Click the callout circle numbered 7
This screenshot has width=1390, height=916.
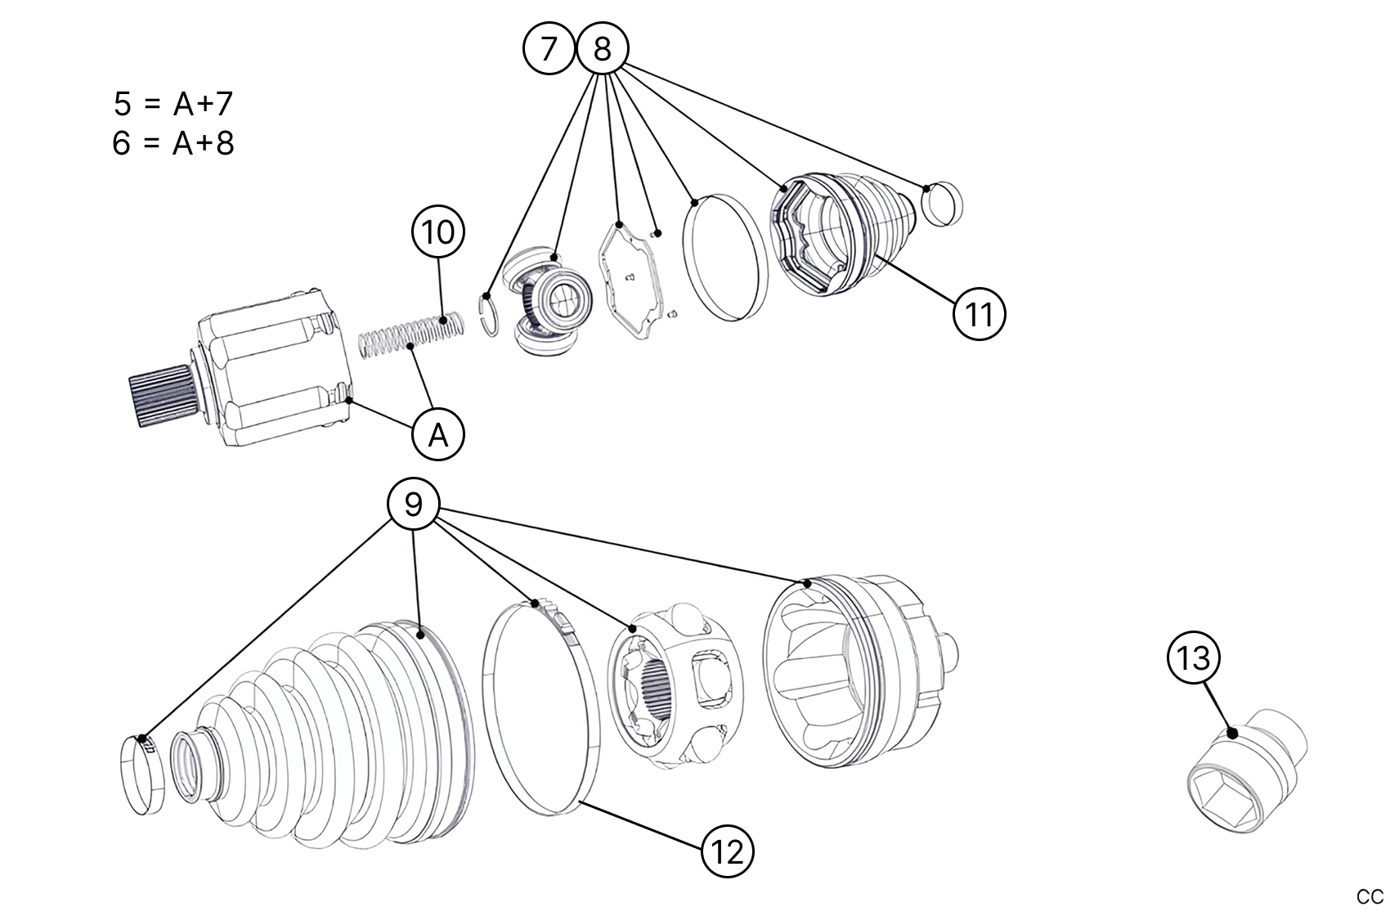coord(549,49)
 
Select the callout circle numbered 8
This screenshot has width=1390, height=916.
coord(602,49)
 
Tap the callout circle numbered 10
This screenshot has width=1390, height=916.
coord(438,232)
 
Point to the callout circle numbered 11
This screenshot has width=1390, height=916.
coord(979,313)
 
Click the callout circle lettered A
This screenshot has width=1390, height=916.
coord(438,434)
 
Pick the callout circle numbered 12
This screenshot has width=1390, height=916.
coord(727,852)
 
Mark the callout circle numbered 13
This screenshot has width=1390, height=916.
coord(1194,657)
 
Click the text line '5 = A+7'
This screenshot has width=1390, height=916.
coord(173,104)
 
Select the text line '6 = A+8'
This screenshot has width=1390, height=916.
coord(173,143)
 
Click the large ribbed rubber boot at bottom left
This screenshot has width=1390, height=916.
coord(343,736)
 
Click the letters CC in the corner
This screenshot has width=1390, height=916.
coord(1371,896)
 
